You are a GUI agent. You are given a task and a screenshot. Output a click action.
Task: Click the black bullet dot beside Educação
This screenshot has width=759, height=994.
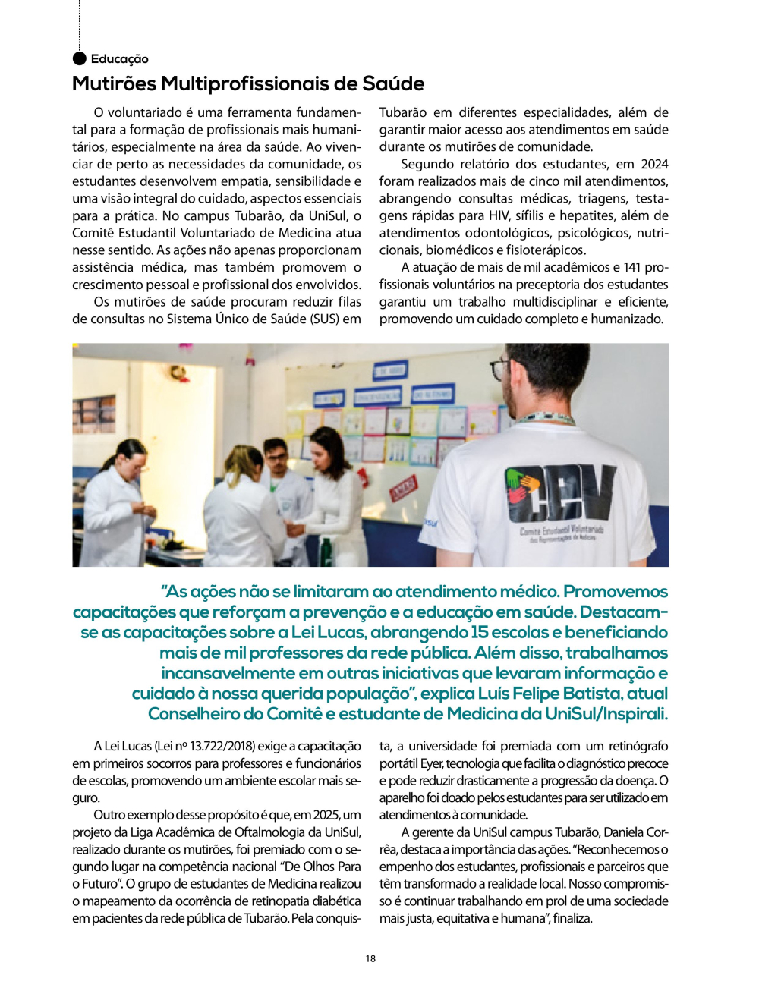pos(79,58)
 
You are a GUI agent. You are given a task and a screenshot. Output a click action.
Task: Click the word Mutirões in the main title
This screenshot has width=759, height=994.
pos(114,83)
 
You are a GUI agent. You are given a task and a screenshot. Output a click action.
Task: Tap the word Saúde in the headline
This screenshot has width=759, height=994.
pos(393,83)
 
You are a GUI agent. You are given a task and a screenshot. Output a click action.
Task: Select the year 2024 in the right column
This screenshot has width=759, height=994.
pos(654,164)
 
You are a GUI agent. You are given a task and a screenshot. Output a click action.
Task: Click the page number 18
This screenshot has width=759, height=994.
pos(370,958)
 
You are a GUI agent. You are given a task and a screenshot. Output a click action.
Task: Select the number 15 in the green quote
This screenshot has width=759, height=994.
pos(479,632)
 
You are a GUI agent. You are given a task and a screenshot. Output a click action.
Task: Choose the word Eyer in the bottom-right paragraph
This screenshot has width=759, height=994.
pos(432,763)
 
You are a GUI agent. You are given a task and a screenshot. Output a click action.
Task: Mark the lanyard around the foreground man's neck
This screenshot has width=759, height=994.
pos(546,418)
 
